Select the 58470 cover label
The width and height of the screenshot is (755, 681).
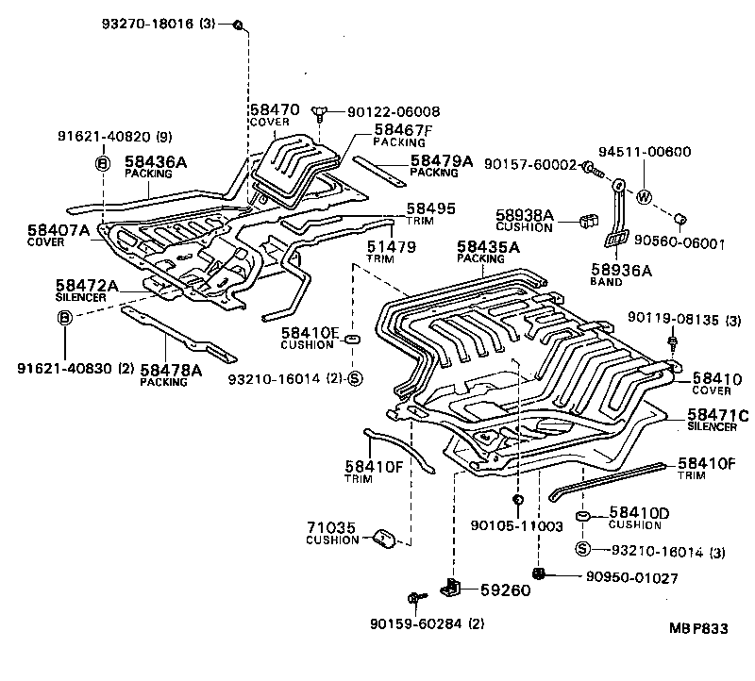(274, 110)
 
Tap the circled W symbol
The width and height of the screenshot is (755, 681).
(644, 197)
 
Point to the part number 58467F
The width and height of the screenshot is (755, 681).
(402, 129)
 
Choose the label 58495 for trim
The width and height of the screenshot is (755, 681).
(430, 208)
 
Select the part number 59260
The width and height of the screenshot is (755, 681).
(505, 591)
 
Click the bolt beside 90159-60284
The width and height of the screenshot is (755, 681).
(415, 597)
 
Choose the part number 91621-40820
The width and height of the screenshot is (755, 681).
(97, 136)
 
